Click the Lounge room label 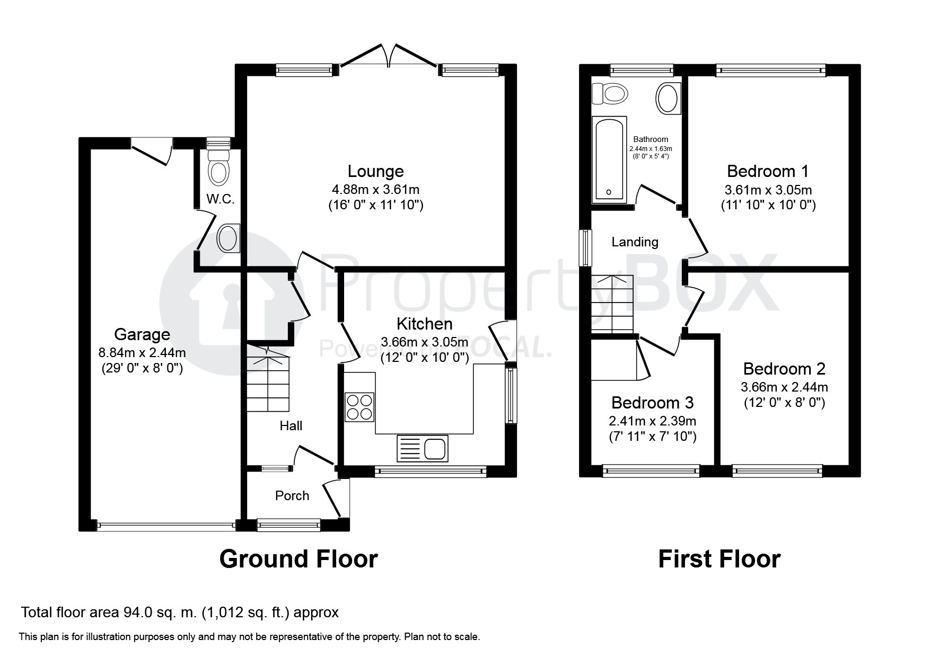[x=375, y=171]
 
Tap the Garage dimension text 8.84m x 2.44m [x=142, y=352]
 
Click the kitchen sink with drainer [x=422, y=448]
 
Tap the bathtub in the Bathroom [x=609, y=160]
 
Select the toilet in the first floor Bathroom [x=610, y=94]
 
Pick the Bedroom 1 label [x=768, y=171]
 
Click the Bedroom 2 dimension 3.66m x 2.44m [x=784, y=387]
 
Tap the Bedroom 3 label [x=652, y=403]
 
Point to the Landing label [x=635, y=242]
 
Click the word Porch [x=292, y=495]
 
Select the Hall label [x=291, y=425]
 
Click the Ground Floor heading [x=299, y=559]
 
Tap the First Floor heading [x=719, y=559]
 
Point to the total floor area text [x=180, y=612]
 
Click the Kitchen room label [x=425, y=324]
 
